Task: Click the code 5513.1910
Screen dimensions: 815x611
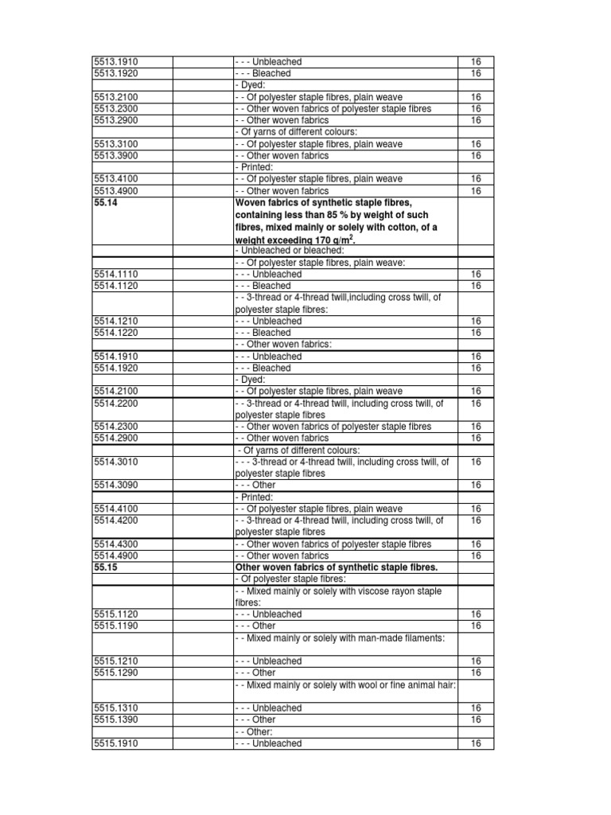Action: coord(116,61)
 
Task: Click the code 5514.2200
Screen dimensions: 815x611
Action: coord(116,404)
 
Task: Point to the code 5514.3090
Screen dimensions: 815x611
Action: coord(116,485)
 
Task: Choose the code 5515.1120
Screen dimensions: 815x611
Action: coord(116,614)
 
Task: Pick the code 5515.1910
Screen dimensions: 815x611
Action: coord(116,743)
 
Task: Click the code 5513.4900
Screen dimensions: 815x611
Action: coord(116,191)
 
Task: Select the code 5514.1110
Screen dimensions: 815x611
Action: coord(116,274)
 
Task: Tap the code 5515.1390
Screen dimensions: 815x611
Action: coord(116,719)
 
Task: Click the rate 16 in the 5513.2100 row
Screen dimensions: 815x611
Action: coord(476,97)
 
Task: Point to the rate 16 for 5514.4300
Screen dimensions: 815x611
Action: coord(476,544)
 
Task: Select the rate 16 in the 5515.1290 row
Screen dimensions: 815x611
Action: coord(476,673)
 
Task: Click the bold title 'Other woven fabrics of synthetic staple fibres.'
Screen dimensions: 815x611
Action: coord(337,567)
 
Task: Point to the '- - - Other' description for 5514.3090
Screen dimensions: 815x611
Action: coord(255,485)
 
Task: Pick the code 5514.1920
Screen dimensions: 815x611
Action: coord(116,369)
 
